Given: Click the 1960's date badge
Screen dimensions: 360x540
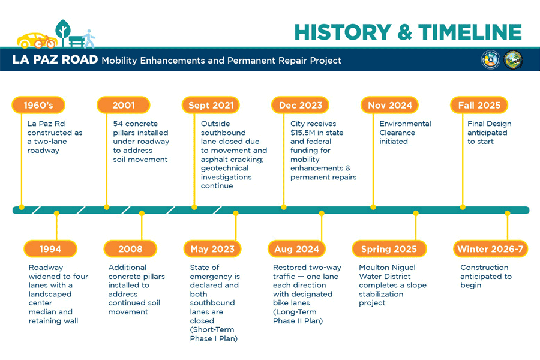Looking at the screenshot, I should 38,105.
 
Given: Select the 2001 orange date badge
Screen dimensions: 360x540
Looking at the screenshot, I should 123,105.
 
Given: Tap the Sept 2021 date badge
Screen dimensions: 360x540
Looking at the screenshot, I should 211,105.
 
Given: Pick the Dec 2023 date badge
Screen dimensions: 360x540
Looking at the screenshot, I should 301,105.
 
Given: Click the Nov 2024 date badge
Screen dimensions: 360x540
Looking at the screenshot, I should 389,105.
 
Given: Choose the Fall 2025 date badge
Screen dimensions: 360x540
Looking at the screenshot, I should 479,105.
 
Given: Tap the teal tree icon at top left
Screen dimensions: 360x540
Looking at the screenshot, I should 62,30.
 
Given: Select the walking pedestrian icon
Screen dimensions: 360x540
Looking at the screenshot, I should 89,38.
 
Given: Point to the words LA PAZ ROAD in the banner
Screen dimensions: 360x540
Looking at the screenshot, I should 55,60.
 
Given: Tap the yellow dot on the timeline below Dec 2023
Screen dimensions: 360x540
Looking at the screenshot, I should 283,208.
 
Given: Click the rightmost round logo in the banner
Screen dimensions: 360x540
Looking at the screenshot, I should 513,59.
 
